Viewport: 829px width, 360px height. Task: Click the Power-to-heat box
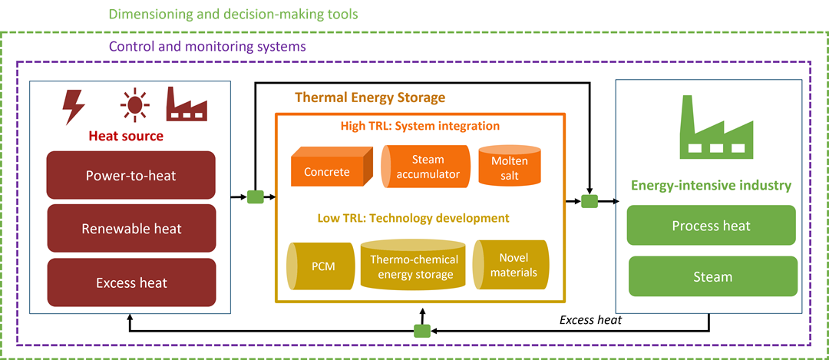(130, 175)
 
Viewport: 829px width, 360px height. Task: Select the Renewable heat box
(130, 229)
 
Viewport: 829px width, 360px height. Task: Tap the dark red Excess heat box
(130, 282)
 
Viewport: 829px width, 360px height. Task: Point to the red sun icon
(135, 104)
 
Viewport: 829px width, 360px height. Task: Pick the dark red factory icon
(189, 104)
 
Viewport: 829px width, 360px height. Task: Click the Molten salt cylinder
(504, 166)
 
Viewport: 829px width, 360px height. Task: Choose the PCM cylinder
(319, 266)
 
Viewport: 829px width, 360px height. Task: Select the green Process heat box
(712, 226)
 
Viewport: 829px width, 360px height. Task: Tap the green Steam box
(712, 276)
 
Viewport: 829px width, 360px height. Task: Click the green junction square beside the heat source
(255, 197)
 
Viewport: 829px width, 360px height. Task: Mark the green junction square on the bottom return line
(421, 331)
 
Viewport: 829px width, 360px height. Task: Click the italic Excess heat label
(590, 319)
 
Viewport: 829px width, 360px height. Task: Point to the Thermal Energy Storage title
(370, 97)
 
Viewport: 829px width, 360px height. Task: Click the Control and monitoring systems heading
(207, 46)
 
